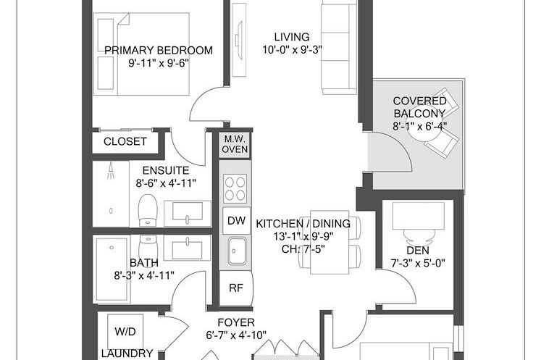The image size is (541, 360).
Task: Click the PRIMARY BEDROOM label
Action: (x=159, y=50)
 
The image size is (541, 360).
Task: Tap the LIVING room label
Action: (x=292, y=37)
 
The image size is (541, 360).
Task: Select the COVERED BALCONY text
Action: (x=419, y=107)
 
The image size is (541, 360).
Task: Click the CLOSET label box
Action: (x=125, y=142)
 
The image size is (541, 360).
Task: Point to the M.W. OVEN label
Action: (x=235, y=144)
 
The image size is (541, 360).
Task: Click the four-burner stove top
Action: (x=235, y=189)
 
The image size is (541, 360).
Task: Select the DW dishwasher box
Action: (x=235, y=220)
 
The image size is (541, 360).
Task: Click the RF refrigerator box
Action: (x=235, y=286)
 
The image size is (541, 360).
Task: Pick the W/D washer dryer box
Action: (x=125, y=332)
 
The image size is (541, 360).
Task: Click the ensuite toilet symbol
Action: (x=148, y=209)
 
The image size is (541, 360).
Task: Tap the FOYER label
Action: (x=235, y=322)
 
